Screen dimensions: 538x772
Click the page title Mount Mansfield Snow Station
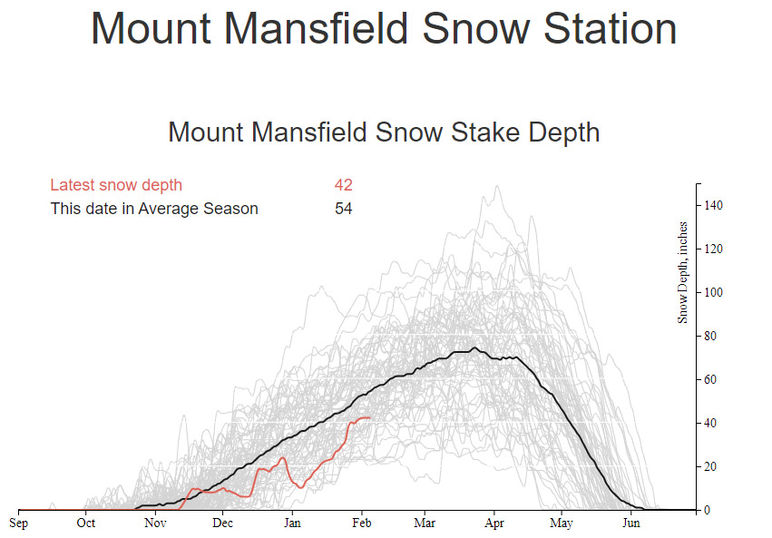pos(384,30)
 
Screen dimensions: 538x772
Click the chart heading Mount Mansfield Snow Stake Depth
pos(384,132)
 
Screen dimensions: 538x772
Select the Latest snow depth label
pos(116,185)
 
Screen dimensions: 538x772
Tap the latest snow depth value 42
pos(343,185)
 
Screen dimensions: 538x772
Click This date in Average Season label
pos(154,209)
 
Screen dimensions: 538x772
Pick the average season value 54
pos(343,209)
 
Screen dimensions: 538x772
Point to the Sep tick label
pos(19,523)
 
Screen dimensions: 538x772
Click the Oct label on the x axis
pos(86,523)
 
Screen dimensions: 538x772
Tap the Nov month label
pos(155,523)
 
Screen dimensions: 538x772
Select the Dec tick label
pos(223,523)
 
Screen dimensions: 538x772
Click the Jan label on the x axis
pos(291,523)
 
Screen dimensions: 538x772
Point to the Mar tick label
pos(425,523)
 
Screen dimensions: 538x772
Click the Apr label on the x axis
pos(494,523)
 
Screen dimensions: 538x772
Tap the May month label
pos(562,523)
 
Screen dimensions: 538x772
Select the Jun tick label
pos(630,523)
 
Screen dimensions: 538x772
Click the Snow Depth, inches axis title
pos(682,272)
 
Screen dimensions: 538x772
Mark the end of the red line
pos(369,417)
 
